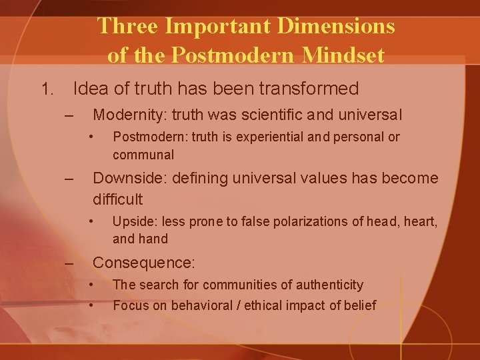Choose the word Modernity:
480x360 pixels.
[130, 115]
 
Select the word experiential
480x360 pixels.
[267, 137]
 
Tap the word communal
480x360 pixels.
[143, 155]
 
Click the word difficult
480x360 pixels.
[117, 199]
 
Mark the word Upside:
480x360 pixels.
[133, 221]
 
